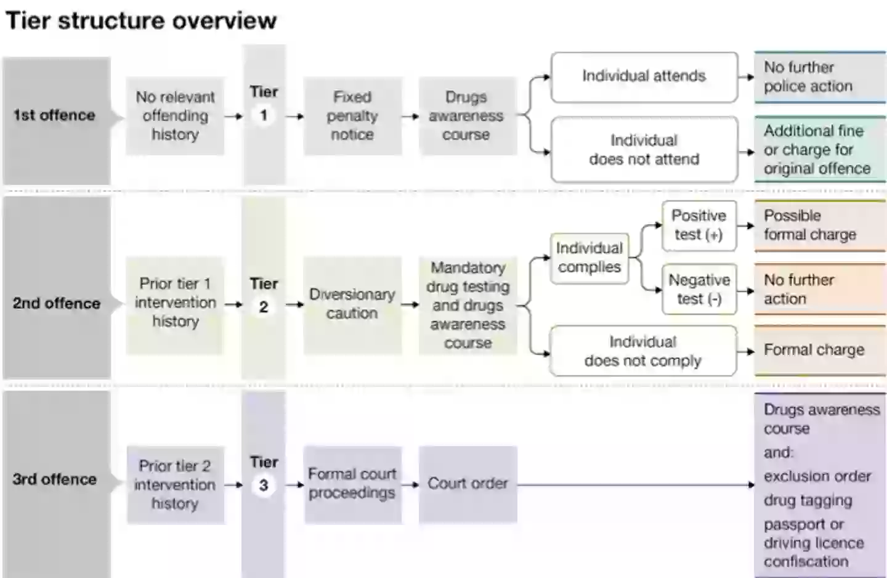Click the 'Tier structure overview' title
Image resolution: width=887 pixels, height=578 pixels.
[141, 20]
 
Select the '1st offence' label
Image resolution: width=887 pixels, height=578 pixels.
[54, 115]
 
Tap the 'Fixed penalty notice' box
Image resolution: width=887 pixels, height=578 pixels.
[352, 116]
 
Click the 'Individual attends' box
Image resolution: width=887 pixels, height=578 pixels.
[644, 76]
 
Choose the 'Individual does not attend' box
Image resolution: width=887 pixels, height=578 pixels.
[644, 150]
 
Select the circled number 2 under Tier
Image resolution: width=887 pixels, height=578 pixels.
[264, 306]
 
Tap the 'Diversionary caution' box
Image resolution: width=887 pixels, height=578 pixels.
[352, 304]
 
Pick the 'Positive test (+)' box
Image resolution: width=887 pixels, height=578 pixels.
[699, 226]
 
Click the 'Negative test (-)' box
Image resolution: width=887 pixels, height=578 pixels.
[699, 290]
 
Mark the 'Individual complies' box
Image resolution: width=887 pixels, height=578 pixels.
[589, 258]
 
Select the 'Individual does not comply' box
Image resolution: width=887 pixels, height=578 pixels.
[642, 351]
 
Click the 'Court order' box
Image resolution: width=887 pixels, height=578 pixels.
[468, 484]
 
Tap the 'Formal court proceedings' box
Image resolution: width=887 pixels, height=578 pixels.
[352, 484]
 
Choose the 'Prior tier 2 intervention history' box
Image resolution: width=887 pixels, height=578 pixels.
[175, 485]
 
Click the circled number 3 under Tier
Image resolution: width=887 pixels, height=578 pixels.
[264, 486]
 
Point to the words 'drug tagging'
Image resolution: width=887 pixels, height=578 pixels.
[808, 500]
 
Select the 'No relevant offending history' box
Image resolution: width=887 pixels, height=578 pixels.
[175, 116]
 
